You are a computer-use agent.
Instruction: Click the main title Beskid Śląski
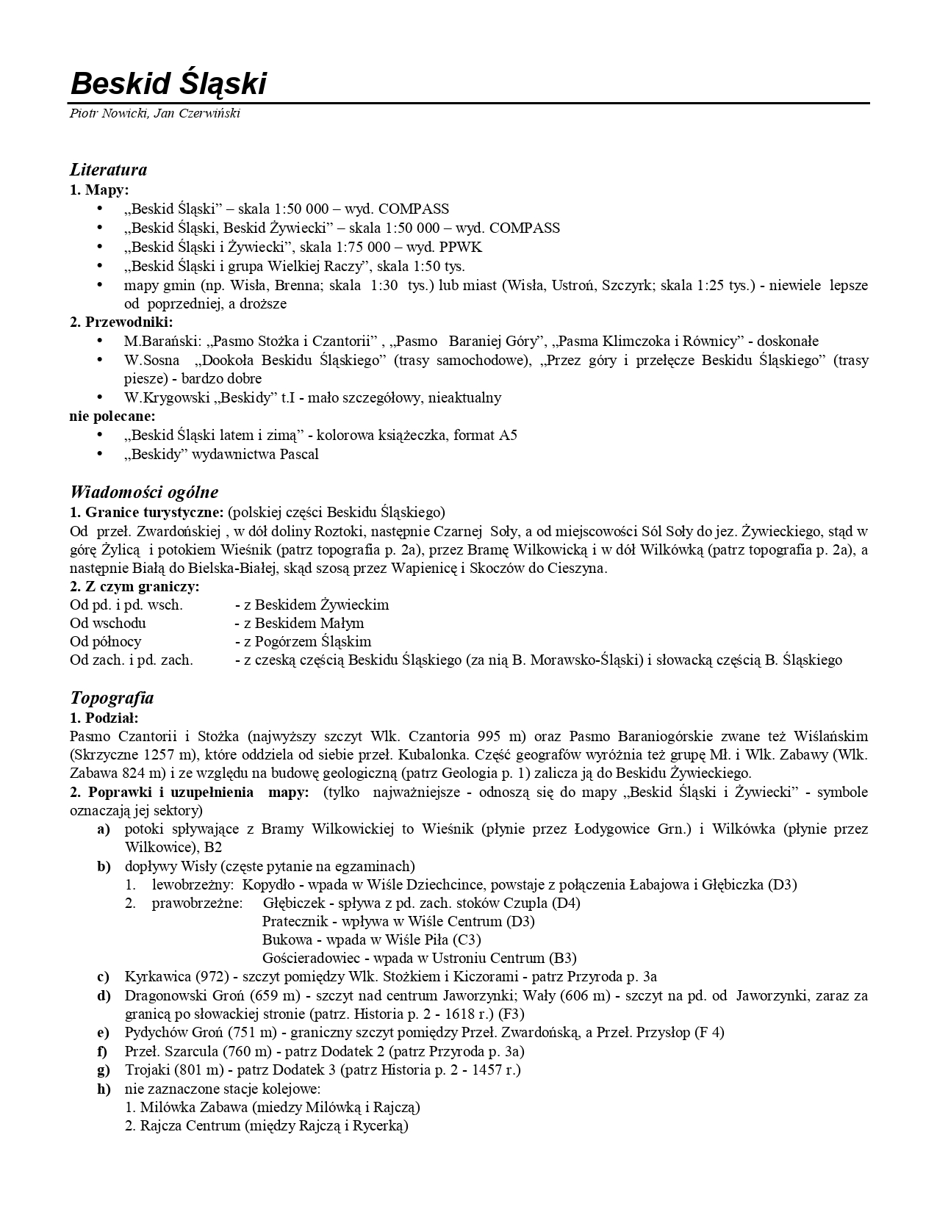(x=168, y=84)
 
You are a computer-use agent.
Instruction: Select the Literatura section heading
(x=108, y=170)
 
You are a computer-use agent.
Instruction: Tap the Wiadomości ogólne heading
(x=144, y=492)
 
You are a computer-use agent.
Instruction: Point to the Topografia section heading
(x=112, y=697)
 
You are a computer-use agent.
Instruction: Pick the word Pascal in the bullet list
(x=299, y=454)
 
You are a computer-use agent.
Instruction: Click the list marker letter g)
(x=104, y=1069)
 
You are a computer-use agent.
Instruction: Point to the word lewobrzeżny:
(x=193, y=884)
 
